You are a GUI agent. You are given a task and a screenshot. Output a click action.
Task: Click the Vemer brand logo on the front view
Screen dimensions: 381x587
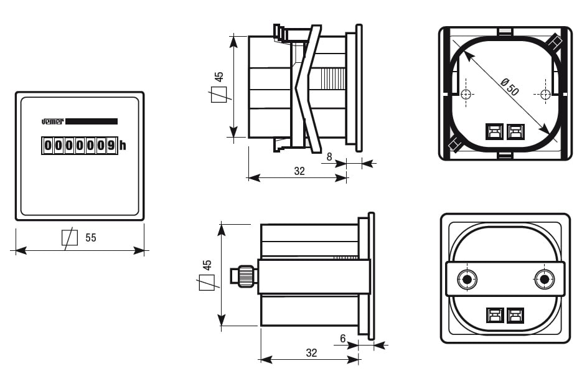coord(52,121)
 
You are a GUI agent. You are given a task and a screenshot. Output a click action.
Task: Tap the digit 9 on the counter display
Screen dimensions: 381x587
coord(111,146)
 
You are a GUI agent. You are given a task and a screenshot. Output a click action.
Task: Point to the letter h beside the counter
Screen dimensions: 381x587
coord(123,146)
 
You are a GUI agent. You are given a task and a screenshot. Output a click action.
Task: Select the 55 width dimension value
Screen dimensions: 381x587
coord(91,238)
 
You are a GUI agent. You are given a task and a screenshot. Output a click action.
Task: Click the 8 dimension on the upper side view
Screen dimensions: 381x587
coord(329,157)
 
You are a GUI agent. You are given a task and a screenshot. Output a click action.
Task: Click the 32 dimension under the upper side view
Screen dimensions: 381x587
coord(299,171)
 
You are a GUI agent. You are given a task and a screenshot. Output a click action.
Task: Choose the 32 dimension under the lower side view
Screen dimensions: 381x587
coord(311,353)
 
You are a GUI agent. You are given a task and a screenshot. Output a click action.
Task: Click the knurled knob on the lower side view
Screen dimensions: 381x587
coord(244,276)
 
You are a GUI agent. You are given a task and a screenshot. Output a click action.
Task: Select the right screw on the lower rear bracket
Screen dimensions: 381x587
coord(545,279)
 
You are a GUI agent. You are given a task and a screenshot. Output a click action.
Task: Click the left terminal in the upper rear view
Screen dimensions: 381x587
coord(494,132)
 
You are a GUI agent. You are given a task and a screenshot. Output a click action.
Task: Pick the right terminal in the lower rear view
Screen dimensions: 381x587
coord(515,316)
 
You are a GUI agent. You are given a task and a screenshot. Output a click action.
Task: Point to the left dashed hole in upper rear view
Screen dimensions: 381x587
coord(466,94)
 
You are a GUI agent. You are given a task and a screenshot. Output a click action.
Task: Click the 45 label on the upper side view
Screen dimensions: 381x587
coord(218,77)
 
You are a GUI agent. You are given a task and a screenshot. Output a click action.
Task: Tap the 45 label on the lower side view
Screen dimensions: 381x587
coord(207,265)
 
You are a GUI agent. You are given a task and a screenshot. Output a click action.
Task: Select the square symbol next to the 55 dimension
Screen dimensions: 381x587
coord(69,238)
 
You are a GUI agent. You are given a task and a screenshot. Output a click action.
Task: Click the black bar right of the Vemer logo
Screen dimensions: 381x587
coord(92,121)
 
